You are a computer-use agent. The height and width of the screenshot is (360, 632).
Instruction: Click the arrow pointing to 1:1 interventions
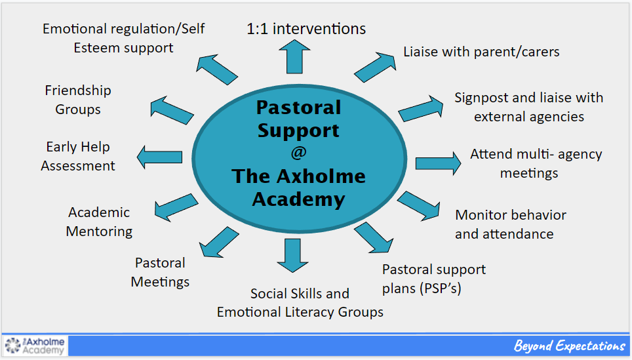tap(294, 56)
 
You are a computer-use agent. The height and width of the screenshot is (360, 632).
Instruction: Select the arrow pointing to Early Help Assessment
tap(159, 157)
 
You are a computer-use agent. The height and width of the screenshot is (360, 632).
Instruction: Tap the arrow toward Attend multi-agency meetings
tap(438, 163)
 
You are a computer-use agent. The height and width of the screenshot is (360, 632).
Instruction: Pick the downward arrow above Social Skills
tap(292, 256)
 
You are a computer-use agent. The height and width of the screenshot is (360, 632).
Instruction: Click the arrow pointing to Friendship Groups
tap(172, 111)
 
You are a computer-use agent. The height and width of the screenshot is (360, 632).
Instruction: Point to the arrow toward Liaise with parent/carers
tap(375, 67)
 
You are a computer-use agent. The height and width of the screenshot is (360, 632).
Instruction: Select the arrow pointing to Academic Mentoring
tap(176, 207)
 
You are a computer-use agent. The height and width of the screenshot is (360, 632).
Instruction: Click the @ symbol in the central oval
tap(299, 153)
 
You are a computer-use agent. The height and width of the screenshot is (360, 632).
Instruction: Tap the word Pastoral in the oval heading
tap(299, 108)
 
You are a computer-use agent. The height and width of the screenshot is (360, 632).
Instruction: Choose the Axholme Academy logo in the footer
tap(35, 346)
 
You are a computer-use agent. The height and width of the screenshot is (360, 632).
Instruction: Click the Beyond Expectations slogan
tap(570, 346)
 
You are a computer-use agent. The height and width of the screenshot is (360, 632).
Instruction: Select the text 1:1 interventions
tap(306, 29)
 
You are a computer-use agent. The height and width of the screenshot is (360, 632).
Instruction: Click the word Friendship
tap(78, 90)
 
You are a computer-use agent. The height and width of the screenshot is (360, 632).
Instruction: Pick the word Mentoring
tap(99, 231)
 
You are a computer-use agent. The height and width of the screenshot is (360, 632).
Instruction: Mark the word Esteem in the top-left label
tap(97, 48)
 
